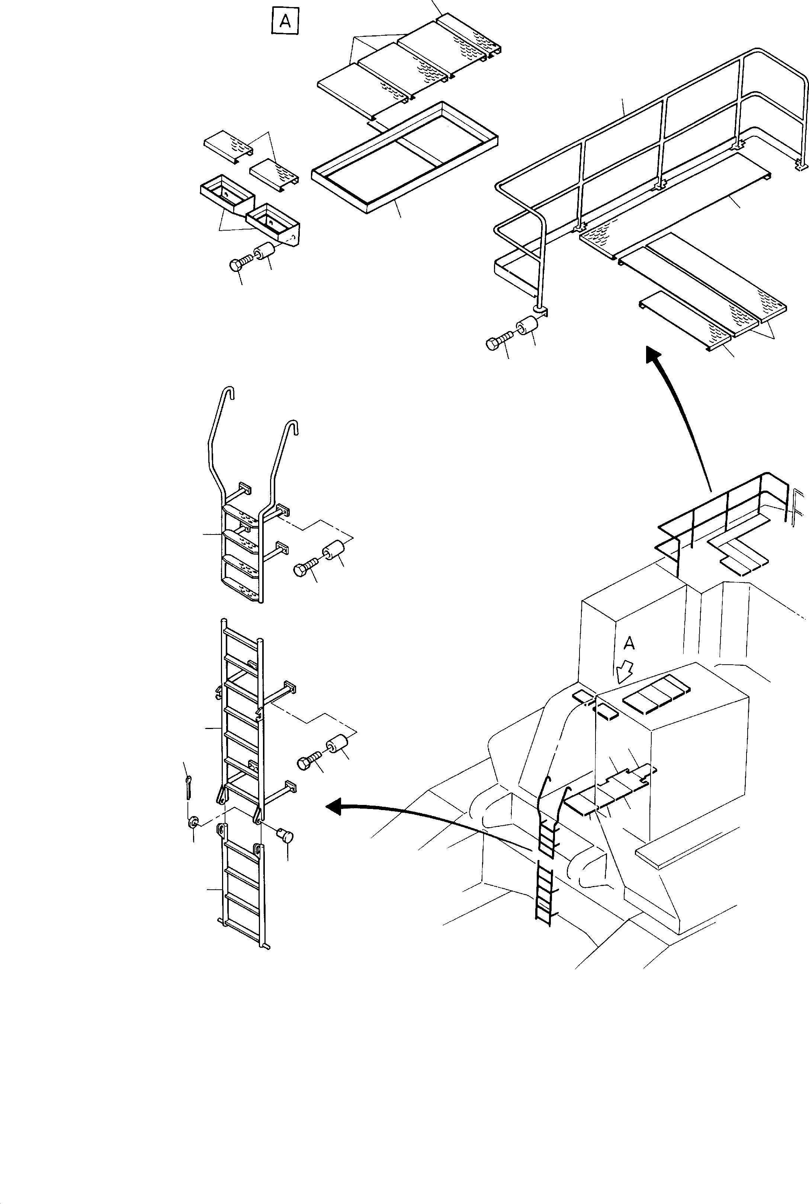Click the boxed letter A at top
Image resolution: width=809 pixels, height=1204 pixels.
(285, 22)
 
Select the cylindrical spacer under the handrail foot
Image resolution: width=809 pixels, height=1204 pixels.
(528, 327)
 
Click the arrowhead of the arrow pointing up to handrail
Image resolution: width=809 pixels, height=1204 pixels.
(654, 354)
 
